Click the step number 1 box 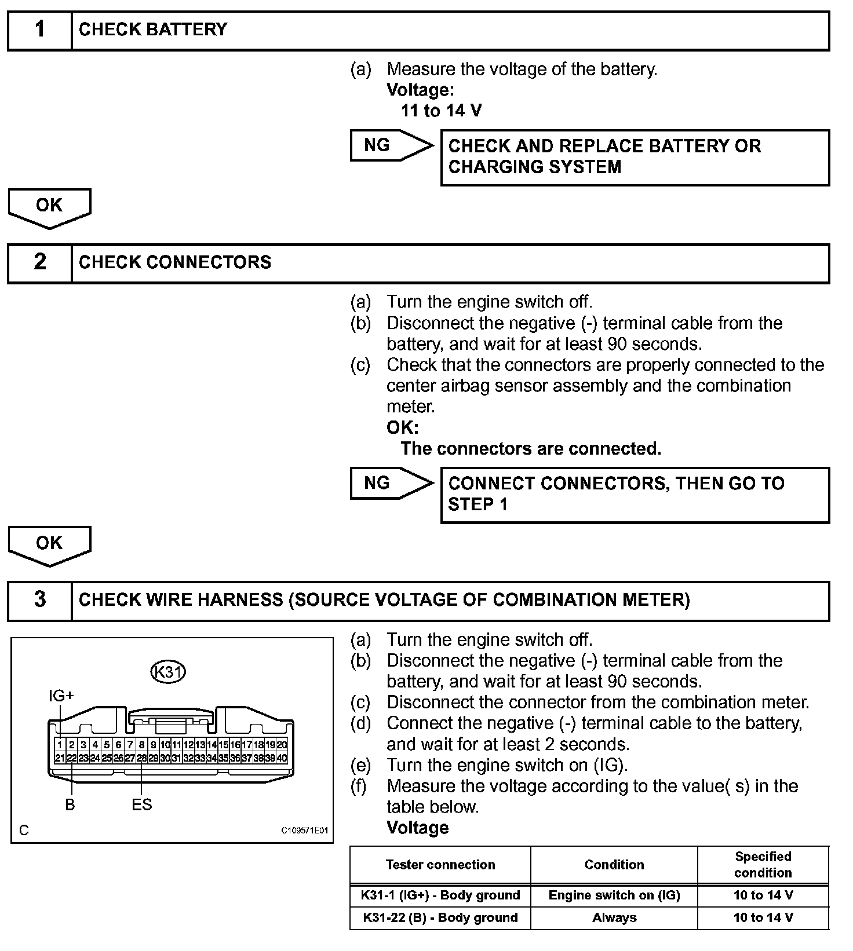(x=39, y=30)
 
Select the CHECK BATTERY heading (x=153, y=30)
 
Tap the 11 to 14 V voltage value (x=441, y=111)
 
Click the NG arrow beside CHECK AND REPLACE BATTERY (x=389, y=145)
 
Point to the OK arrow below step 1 (x=49, y=206)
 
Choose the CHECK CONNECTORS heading (x=174, y=262)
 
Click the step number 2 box (x=39, y=262)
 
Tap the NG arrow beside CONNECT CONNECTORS (x=389, y=483)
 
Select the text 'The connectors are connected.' (x=531, y=448)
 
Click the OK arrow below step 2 (x=49, y=544)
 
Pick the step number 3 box (x=39, y=599)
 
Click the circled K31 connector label (x=168, y=672)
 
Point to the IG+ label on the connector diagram (x=61, y=696)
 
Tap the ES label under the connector (x=141, y=804)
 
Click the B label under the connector (x=70, y=804)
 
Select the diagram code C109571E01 (x=305, y=831)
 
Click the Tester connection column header (x=440, y=865)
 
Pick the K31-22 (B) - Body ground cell (x=440, y=917)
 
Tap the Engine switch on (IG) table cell (x=614, y=895)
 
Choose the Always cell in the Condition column (x=614, y=917)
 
